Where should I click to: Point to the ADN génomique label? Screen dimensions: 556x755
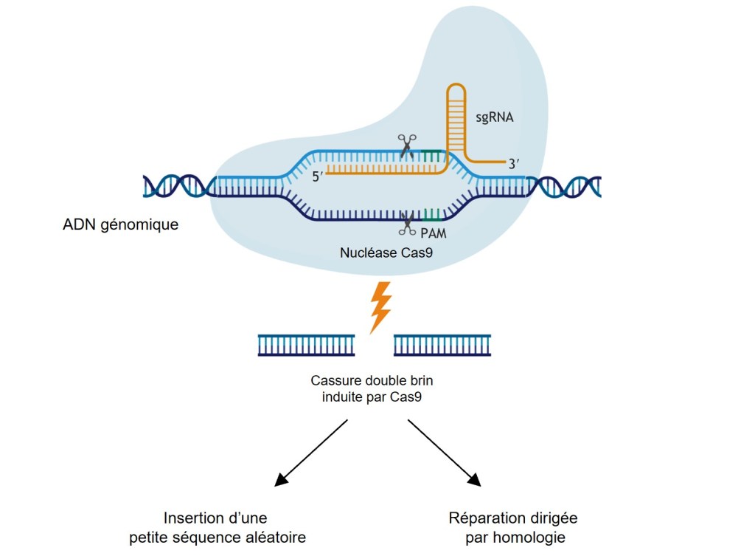coord(121,224)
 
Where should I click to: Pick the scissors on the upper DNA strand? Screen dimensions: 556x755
coord(407,145)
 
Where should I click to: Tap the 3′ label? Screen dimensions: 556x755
coord(515,165)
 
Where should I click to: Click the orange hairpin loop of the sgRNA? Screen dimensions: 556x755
coord(455,92)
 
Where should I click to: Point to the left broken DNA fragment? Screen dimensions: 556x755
coord(306,345)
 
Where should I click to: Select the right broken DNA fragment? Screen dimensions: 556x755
coord(442,345)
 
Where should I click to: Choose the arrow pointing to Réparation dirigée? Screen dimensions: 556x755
coord(444,453)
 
